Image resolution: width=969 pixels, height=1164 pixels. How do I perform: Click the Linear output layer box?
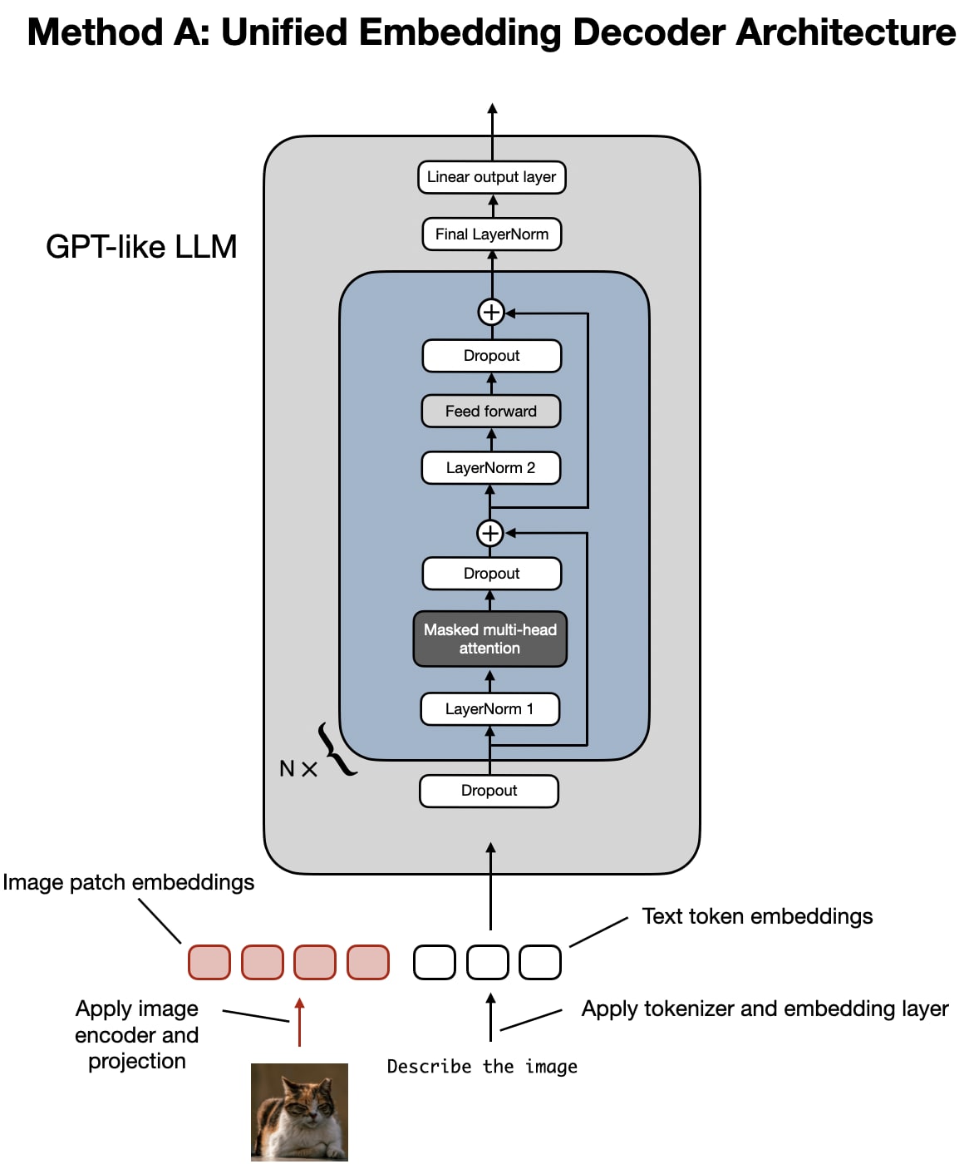491,177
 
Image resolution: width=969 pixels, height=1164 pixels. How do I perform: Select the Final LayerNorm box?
491,234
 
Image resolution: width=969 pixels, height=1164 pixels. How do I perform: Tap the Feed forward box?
490,412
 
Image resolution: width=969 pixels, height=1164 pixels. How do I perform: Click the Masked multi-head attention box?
489,639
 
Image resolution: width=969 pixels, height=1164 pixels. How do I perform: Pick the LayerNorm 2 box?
490,468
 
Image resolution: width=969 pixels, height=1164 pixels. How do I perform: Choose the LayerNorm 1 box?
489,709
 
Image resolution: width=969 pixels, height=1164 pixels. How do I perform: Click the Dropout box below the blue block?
489,791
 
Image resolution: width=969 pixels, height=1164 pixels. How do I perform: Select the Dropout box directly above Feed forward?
491,356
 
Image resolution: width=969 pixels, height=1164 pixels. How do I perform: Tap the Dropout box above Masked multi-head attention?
491,574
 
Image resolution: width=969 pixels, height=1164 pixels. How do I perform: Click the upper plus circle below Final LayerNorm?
491,312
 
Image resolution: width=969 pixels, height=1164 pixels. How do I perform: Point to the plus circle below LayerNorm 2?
489,533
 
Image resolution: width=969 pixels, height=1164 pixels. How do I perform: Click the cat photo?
299,1112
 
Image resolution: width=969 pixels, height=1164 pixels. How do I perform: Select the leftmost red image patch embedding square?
209,962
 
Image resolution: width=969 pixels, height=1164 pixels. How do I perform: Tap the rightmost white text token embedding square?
540,962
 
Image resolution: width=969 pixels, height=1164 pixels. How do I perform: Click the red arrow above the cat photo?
300,1022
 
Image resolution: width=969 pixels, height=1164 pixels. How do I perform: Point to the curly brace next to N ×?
337,750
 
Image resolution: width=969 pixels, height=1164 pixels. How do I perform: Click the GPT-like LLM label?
141,247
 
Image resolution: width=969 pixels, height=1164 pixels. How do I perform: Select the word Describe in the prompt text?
429,1067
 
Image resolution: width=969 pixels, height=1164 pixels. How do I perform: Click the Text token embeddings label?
757,916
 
